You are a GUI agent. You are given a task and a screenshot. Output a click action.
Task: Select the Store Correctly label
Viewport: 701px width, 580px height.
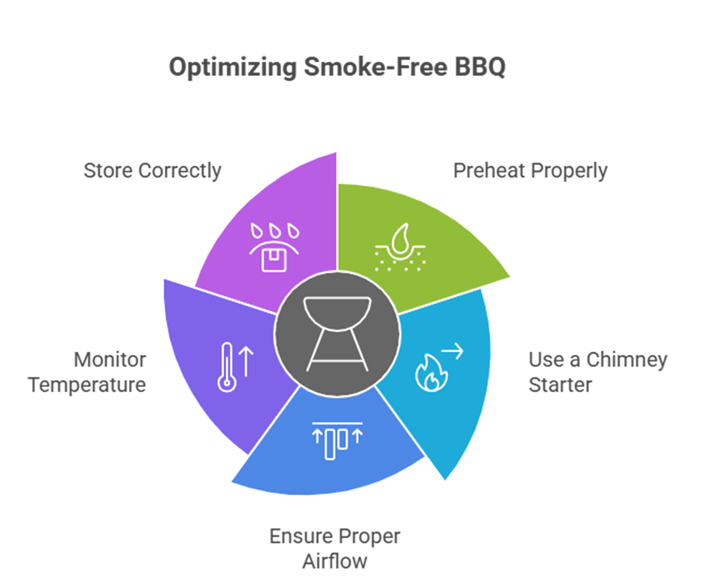152,170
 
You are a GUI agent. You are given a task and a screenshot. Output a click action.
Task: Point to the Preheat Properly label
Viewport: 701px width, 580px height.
530,170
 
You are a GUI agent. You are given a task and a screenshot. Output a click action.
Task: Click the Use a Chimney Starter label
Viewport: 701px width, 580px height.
597,372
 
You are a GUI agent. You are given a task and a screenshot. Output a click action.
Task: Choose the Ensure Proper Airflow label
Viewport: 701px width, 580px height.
335,549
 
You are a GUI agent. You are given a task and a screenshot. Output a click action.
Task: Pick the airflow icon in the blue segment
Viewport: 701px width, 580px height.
336,438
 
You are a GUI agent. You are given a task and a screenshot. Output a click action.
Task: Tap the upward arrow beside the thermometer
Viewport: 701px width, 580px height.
246,363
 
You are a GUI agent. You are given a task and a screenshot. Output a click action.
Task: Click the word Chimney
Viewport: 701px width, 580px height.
625,359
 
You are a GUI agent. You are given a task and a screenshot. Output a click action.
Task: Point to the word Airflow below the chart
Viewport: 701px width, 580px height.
335,561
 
